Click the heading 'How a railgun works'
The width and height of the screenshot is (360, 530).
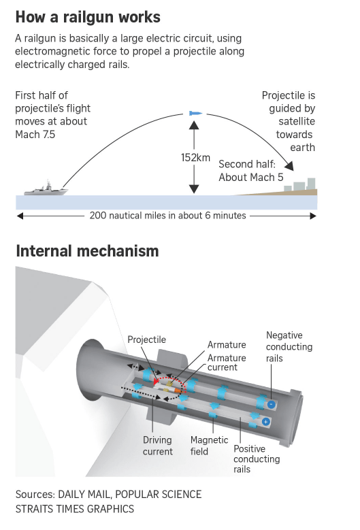pos(88,17)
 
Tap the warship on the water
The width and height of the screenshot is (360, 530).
pos(46,189)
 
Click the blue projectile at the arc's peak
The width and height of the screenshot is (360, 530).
pos(196,113)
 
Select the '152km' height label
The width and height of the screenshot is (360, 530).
pos(195,158)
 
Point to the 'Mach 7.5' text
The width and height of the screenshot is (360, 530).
pos(35,135)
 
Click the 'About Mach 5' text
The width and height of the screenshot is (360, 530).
pos(251,177)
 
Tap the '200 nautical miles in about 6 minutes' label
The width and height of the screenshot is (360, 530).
pos(167,215)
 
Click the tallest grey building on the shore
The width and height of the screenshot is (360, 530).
pos(311,184)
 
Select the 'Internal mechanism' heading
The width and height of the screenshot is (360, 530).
pos(87,251)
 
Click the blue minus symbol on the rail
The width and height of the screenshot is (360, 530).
pos(271,404)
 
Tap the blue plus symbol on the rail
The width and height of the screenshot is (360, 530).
pos(265,422)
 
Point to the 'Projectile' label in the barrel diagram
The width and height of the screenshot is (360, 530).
pos(147,339)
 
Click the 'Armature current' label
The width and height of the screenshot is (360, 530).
pos(227,363)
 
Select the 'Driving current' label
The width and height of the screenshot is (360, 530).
pos(157,446)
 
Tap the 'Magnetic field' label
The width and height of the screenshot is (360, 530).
pos(209,446)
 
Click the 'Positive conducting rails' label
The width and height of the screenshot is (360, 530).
pos(257,459)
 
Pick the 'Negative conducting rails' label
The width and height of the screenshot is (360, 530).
pos(289,346)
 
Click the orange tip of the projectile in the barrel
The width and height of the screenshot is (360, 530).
pos(177,391)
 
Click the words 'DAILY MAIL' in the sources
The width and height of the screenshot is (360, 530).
pos(84,494)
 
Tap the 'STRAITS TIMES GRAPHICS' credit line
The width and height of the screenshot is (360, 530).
pos(75,509)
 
